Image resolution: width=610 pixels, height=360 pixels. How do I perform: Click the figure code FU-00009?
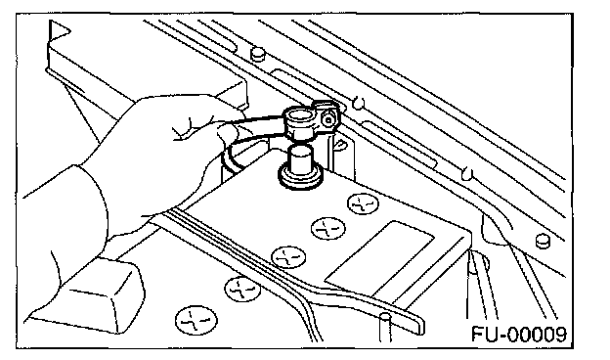click(x=519, y=334)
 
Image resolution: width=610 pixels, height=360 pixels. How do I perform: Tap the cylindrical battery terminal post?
click(x=300, y=158)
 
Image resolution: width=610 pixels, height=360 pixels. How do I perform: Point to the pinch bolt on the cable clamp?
click(x=328, y=119)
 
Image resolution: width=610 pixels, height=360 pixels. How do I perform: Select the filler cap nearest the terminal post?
click(x=363, y=203)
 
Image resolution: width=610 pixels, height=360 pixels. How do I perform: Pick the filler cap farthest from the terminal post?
click(x=196, y=321)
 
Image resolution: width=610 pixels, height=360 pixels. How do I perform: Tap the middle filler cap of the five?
click(x=288, y=257)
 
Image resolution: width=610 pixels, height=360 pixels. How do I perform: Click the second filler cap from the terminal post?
click(x=327, y=229)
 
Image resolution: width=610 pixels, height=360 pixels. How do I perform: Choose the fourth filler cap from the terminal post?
click(x=242, y=289)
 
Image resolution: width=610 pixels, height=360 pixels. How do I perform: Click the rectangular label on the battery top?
click(x=379, y=259)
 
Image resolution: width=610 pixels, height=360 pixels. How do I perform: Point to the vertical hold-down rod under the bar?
click(x=385, y=328)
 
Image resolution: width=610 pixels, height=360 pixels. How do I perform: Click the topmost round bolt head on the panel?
click(x=257, y=54)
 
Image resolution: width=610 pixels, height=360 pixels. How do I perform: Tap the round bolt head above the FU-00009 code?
click(x=544, y=241)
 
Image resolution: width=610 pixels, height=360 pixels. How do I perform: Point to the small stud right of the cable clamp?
click(x=359, y=103)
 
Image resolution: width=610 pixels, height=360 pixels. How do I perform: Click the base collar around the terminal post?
click(x=300, y=177)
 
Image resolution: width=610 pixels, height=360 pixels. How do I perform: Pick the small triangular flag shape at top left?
click(x=58, y=31)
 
